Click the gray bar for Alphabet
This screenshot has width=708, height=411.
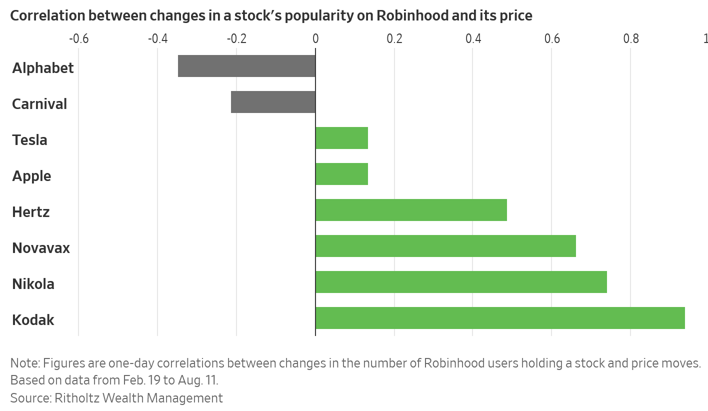246,66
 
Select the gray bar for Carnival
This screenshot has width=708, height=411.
273,102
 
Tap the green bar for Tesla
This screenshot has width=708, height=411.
341,138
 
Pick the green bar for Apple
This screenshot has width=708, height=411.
341,174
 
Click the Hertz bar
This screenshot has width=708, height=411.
411,210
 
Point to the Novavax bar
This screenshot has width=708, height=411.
445,246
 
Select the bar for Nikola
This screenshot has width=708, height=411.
461,282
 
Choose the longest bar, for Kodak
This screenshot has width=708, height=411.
500,318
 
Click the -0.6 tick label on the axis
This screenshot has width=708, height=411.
78,38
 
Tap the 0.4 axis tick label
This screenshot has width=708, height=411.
473,38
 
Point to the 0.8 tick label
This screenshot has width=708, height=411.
631,38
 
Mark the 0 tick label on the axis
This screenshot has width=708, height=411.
315,38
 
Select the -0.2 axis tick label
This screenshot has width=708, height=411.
236,38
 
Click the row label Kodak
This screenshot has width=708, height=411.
33,320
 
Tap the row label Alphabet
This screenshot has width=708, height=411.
43,68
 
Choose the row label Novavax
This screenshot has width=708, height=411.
41,248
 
